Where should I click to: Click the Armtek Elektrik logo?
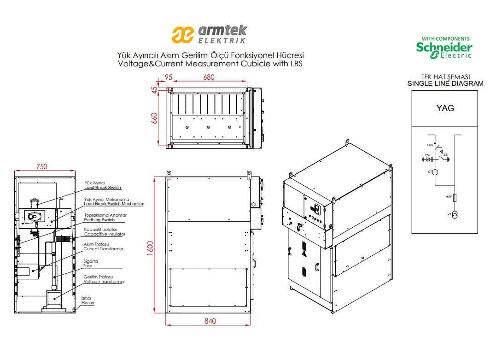[x=210, y=34]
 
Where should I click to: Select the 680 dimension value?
[x=209, y=77]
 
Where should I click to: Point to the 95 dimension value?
[x=169, y=77]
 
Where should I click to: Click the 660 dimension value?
[x=154, y=118]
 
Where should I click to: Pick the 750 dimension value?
[x=41, y=167]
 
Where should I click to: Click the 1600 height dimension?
[x=150, y=248]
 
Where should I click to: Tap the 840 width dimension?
[x=210, y=321]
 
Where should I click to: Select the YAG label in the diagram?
[x=445, y=108]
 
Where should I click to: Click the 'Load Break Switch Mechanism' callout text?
[x=114, y=204]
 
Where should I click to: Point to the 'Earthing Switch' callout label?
[x=99, y=220]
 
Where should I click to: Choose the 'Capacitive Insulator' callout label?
[x=105, y=234]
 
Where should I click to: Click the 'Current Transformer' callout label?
[x=104, y=249]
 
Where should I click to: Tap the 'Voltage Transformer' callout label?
[x=104, y=282]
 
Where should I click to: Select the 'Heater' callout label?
[x=88, y=303]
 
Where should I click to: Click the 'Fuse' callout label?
[x=88, y=266]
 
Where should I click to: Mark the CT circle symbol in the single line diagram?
[x=435, y=172]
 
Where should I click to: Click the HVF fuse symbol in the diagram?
[x=455, y=197]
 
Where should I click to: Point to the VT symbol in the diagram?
[x=455, y=214]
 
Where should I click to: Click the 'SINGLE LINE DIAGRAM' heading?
[x=445, y=84]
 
